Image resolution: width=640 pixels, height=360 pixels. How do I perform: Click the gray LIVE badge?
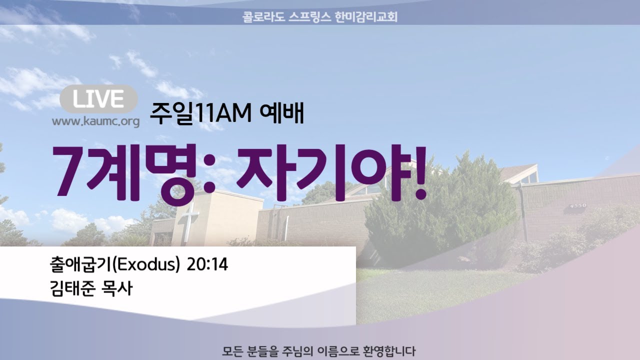98,99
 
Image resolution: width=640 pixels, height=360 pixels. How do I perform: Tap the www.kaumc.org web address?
95,121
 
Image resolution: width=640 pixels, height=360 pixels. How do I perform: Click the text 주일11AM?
200,113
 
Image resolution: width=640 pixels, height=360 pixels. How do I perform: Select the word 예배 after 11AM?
281,113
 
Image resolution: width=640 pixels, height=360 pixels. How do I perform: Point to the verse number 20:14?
207,265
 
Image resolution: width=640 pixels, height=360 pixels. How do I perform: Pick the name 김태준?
72,288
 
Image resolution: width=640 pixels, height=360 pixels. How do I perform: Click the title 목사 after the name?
117,288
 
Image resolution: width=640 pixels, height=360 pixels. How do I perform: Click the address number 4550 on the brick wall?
578,205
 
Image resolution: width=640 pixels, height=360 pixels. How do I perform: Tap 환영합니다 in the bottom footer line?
388,351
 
